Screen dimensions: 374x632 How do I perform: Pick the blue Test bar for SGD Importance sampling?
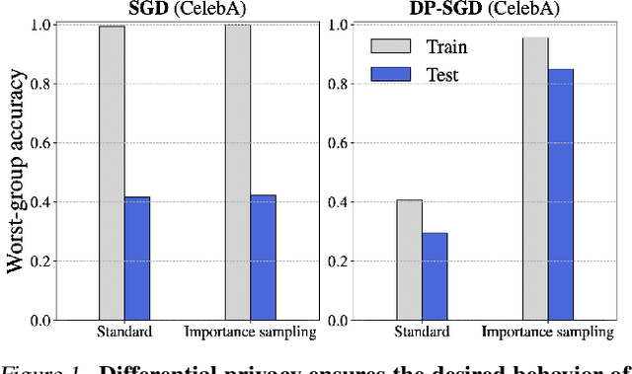click(x=264, y=258)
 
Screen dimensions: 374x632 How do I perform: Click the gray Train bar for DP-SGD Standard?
click(x=409, y=261)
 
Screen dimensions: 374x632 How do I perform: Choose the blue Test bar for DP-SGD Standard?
click(x=434, y=277)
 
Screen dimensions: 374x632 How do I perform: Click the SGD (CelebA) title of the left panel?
click(x=188, y=8)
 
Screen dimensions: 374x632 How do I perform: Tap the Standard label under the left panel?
click(x=124, y=332)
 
